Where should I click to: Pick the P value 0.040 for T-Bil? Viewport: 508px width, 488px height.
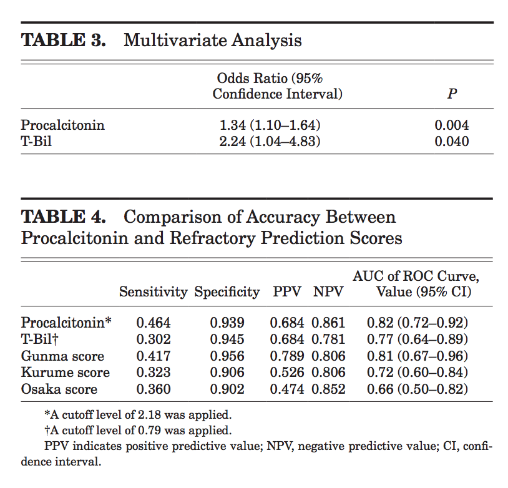(451, 142)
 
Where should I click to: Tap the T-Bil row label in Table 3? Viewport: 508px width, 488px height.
(36, 142)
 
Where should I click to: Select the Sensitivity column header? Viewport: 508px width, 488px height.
(154, 291)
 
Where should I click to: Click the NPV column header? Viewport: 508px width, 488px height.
(329, 291)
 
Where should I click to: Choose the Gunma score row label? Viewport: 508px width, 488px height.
(62, 356)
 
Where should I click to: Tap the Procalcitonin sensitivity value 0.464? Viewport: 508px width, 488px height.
(154, 323)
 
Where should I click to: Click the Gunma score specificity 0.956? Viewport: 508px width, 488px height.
(227, 356)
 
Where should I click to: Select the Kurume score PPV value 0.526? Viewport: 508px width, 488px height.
(286, 373)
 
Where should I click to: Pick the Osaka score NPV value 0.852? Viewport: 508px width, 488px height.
(329, 389)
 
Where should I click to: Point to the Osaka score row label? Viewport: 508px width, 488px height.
(59, 389)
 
